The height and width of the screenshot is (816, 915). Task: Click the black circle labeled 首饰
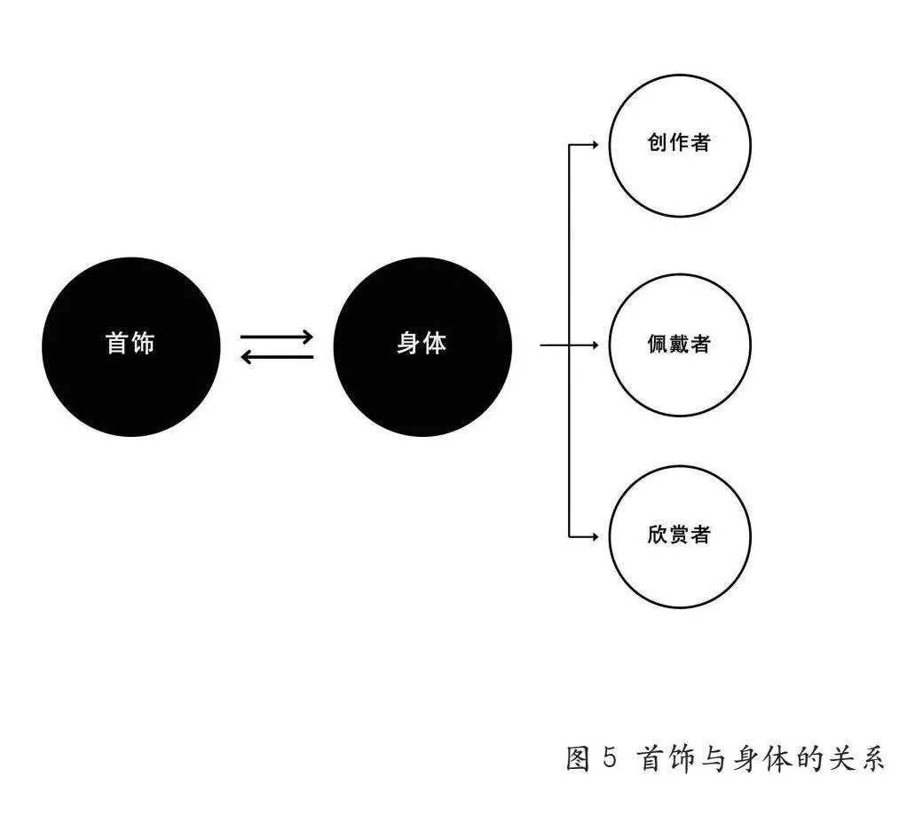pyautogui.click(x=131, y=346)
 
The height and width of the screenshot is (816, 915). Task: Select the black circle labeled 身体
pyautogui.click(x=422, y=346)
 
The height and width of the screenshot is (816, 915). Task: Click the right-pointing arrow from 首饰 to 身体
pyautogui.click(x=277, y=337)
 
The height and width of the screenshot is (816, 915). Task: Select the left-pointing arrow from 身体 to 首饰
pyautogui.click(x=277, y=357)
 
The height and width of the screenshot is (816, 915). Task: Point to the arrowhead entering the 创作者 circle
pyautogui.click(x=595, y=145)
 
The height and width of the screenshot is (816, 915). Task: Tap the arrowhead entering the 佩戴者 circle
pyautogui.click(x=595, y=345)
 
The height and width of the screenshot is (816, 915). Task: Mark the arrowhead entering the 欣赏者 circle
pyautogui.click(x=595, y=536)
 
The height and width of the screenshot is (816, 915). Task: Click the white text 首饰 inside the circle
pyautogui.click(x=130, y=343)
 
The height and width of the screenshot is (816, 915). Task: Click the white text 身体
pyautogui.click(x=422, y=343)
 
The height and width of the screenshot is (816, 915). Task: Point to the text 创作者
pyautogui.click(x=679, y=142)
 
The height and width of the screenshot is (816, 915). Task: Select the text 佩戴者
pyautogui.click(x=679, y=344)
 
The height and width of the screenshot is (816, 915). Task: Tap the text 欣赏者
pyautogui.click(x=679, y=534)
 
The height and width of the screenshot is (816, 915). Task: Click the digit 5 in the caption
pyautogui.click(x=609, y=758)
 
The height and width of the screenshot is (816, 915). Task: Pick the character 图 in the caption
pyautogui.click(x=579, y=758)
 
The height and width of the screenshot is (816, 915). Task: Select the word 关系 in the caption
pyautogui.click(x=861, y=758)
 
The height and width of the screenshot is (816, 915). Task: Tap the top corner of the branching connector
pyautogui.click(x=570, y=145)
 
